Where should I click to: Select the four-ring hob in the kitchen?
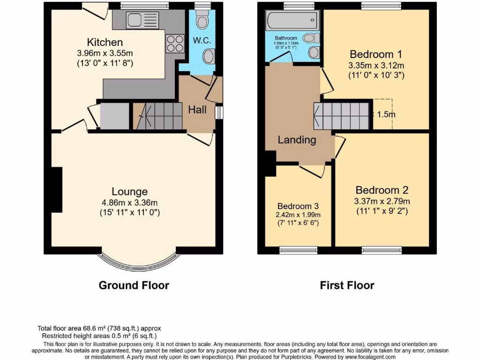point(175,44)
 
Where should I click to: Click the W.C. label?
point(202,40)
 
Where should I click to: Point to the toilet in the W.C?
point(202,20)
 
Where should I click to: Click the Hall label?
point(197,110)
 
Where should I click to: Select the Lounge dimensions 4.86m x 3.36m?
point(129,202)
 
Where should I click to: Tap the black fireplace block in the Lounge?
point(57,190)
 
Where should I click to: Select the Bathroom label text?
point(286,38)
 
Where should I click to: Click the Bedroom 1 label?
point(376,53)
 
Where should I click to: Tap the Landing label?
point(297,140)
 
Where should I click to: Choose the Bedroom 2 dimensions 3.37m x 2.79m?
point(382,201)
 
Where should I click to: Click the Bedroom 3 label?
point(298,206)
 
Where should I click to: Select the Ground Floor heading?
point(134,285)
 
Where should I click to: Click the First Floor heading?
point(347,285)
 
